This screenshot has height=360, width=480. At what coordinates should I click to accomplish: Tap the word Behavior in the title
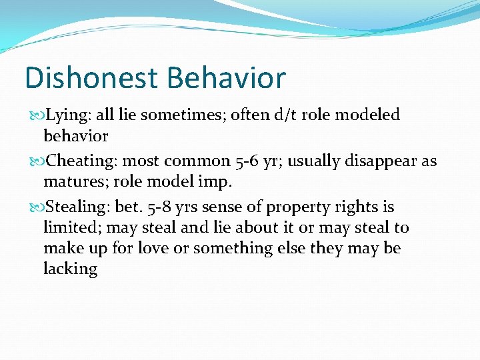226,77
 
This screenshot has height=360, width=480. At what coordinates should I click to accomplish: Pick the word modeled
367,115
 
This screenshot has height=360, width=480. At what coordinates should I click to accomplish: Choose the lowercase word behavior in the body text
75,136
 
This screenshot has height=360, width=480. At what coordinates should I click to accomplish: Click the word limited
71,227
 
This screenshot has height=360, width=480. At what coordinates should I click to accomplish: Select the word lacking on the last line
70,269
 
